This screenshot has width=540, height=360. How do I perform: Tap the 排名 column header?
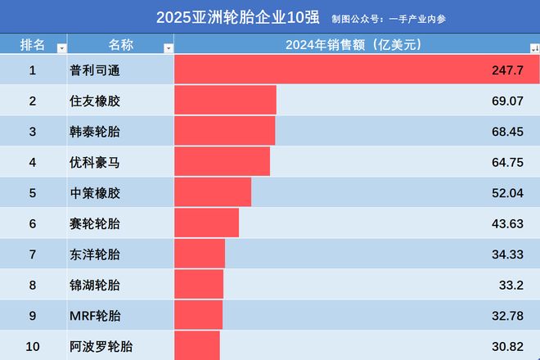tap(33, 45)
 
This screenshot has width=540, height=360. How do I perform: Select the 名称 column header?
tap(120, 45)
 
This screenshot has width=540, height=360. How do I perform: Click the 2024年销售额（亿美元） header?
tap(352, 45)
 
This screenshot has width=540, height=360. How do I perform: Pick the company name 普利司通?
tap(95, 70)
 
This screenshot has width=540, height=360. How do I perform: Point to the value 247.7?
tap(508, 70)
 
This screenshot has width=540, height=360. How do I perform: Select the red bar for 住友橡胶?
tap(225, 101)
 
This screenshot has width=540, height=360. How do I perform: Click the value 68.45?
tap(506, 132)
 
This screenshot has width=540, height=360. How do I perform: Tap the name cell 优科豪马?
tap(95, 163)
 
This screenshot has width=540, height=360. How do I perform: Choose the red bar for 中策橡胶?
tap(213, 193)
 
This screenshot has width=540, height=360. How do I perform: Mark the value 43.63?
tap(506, 223)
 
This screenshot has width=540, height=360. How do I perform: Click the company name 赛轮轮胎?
tap(95, 223)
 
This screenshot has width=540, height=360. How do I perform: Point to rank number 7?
tap(33, 254)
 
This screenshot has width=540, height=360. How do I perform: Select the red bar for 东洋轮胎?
tap(200, 254)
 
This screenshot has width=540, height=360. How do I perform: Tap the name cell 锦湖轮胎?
tap(95, 285)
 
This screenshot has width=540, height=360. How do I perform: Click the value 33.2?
tap(510, 285)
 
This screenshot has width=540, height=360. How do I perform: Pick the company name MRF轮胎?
tap(95, 316)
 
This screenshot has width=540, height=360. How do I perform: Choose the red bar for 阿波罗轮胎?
tap(197, 345)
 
